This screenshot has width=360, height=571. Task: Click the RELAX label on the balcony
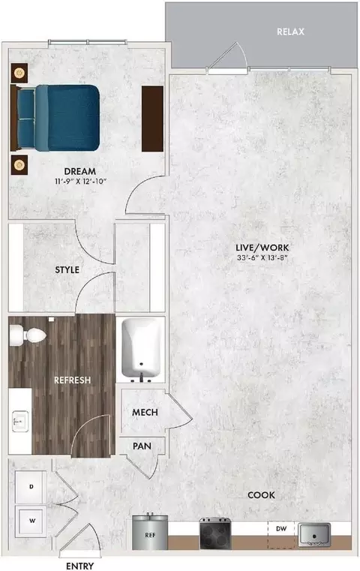pos(290,32)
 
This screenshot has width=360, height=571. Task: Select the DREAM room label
pos(80,171)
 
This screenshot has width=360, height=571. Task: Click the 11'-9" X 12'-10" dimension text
pos(80,181)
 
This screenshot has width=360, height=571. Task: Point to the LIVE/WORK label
pos(262,248)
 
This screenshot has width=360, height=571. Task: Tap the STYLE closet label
pos(67,270)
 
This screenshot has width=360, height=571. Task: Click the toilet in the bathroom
pos(28,335)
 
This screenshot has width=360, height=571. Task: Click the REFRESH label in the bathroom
pos(72,380)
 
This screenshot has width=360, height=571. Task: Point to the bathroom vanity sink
pos(20,422)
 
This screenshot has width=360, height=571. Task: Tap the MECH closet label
pos(145,413)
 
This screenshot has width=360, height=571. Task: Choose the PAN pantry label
pos(142,446)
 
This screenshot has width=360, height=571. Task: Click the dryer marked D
pos(31,487)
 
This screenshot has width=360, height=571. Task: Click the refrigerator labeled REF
pos(150,532)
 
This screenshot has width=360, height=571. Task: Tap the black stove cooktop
pos(215,533)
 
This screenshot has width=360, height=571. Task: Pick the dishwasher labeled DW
pos(281,534)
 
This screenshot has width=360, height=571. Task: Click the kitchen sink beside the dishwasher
pos(314,534)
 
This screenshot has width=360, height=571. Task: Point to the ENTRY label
pos(79,566)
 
